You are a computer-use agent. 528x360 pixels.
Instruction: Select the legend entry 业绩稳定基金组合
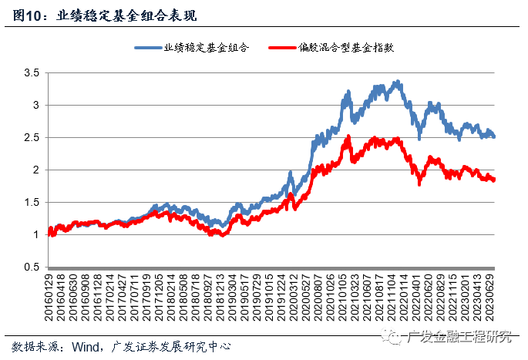(206, 48)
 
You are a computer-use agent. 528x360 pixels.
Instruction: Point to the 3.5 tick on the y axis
(31, 72)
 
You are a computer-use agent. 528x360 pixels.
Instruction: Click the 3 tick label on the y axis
(35, 105)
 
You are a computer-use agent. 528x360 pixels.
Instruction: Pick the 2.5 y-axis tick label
(31, 137)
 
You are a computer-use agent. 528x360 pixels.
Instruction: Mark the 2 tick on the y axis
(35, 170)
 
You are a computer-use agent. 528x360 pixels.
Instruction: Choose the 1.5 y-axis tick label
(31, 202)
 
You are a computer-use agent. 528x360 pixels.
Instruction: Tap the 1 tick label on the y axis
(35, 234)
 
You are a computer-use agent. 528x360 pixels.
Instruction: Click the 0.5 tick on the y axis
(31, 267)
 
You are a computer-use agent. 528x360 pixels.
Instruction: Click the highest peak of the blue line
(396, 81)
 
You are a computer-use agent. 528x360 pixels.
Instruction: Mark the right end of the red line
(494, 180)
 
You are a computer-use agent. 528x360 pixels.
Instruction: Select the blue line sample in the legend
(148, 48)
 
